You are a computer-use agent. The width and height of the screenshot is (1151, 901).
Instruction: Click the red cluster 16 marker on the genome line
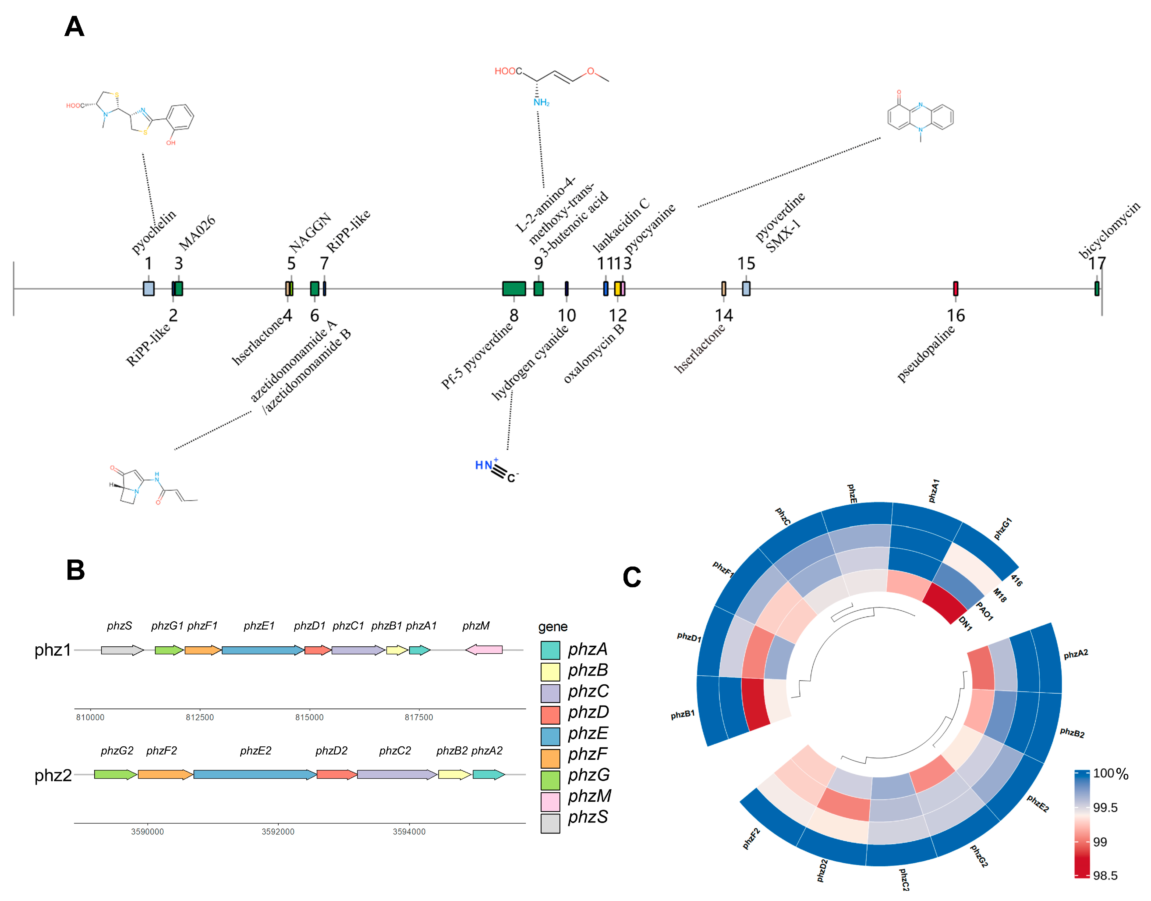955,289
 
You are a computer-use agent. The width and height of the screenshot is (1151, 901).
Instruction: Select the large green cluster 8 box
513,289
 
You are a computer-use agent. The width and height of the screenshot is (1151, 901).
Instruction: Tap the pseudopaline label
926,354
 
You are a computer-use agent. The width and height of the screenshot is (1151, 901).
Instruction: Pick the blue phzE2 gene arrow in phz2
254,774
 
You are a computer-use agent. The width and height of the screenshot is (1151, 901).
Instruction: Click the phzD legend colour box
550,714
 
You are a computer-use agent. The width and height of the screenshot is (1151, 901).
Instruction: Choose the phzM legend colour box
550,801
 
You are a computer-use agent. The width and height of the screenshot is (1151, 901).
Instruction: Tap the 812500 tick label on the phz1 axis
200,717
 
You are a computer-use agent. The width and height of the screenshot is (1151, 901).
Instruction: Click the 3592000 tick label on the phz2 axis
278,832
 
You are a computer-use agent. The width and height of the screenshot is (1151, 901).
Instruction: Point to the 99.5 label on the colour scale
1105,808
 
